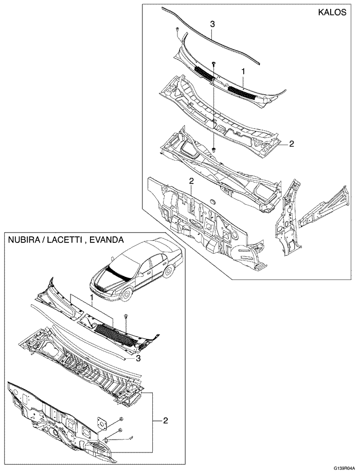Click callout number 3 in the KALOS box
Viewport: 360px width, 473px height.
[x=212, y=24]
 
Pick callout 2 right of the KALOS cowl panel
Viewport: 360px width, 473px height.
[x=291, y=144]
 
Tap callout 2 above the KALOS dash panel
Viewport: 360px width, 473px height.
[x=191, y=181]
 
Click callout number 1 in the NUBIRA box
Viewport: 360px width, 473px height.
[x=91, y=297]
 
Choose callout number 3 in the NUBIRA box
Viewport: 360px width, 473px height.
[x=138, y=357]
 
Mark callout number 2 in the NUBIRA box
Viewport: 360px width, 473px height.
[x=166, y=421]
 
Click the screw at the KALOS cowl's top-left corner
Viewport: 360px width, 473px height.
[x=177, y=29]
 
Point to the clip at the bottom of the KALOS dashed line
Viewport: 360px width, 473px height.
[x=213, y=149]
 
